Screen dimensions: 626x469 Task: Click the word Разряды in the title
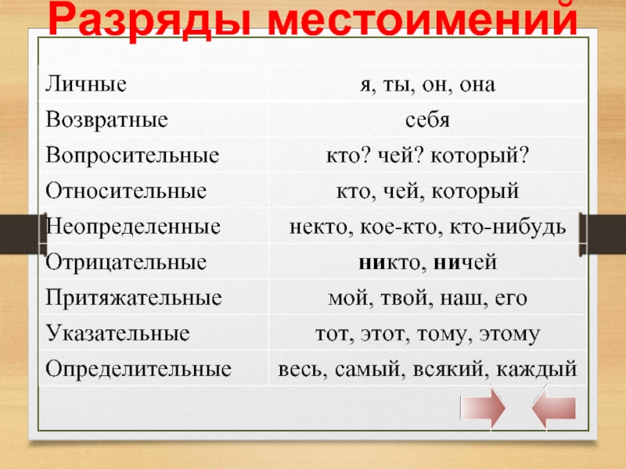(x=149, y=20)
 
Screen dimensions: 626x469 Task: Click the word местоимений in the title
(x=423, y=18)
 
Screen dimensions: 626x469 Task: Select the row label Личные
(x=86, y=84)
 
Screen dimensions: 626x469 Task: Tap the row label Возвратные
(x=106, y=120)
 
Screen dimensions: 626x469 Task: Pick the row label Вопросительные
(x=132, y=155)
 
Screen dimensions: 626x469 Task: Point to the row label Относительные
(x=126, y=191)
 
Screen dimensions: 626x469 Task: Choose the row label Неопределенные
(x=133, y=227)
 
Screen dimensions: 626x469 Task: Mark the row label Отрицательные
(x=126, y=263)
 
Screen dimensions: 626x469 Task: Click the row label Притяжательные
(x=133, y=298)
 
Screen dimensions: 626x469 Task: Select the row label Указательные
(x=118, y=334)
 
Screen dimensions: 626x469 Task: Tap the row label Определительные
(x=139, y=369)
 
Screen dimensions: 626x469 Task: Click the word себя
(x=427, y=120)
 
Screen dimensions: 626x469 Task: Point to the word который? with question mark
(x=480, y=156)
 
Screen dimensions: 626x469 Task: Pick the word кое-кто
(x=399, y=227)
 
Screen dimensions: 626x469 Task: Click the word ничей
(x=465, y=263)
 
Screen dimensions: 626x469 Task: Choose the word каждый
(x=537, y=369)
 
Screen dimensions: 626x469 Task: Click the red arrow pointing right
(x=483, y=408)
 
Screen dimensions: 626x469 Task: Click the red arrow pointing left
(x=553, y=408)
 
